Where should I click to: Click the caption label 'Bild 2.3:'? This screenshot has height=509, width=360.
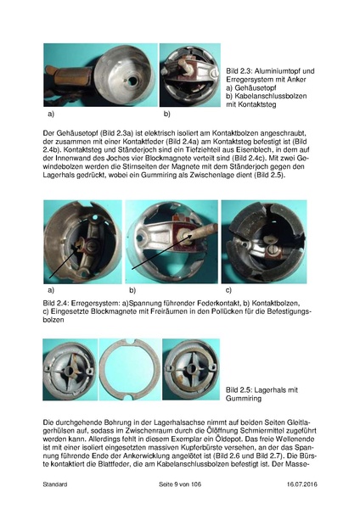239,70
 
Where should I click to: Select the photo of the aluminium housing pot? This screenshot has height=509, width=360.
99,76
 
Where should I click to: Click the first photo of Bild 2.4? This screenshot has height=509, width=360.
81,241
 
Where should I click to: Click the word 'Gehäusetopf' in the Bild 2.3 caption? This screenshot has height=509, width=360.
256,89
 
